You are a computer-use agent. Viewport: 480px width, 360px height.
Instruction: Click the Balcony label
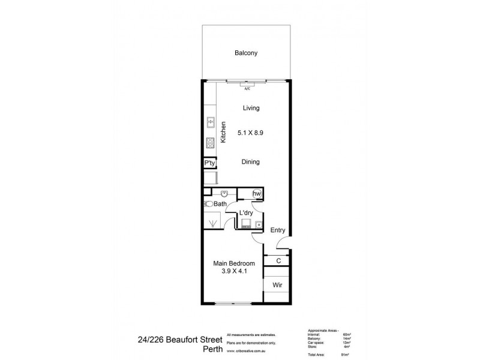click(246, 53)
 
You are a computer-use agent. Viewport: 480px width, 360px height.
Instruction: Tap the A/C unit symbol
click(247, 85)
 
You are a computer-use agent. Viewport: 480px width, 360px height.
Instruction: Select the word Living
click(251, 109)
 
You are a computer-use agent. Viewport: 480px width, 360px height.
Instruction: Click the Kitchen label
click(223, 132)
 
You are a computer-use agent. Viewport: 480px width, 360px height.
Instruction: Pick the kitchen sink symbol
click(211, 122)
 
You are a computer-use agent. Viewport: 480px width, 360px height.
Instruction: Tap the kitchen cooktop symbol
click(211, 143)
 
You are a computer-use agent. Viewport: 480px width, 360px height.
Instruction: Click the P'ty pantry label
click(209, 163)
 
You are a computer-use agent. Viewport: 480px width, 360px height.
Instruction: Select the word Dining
click(251, 161)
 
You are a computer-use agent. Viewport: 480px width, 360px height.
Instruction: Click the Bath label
click(220, 205)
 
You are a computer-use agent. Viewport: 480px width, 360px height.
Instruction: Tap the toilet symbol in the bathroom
click(208, 205)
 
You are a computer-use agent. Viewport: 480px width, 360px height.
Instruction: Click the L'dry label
click(246, 214)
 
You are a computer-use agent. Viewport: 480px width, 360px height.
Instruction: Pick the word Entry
click(277, 230)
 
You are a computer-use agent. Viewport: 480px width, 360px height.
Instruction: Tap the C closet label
click(278, 261)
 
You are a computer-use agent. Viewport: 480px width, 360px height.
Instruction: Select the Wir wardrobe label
click(277, 285)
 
